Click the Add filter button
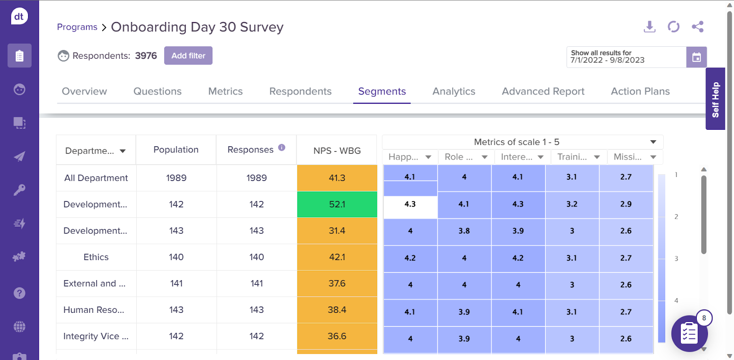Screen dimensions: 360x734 188,55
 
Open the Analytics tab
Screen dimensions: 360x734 454,91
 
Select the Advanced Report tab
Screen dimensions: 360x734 543,91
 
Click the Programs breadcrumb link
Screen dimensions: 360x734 77,27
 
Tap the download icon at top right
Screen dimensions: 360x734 649,27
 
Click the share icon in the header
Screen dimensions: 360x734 697,27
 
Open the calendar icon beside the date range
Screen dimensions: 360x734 696,57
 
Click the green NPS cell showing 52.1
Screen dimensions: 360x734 337,205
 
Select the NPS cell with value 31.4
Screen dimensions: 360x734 337,231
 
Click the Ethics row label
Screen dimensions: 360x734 96,257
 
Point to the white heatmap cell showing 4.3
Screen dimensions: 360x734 410,205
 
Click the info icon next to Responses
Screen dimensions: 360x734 282,148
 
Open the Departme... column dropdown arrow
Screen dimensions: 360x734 122,151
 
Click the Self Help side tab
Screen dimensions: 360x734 715,99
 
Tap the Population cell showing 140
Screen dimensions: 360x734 176,257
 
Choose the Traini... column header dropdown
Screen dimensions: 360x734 596,157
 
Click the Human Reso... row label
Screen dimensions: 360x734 94,310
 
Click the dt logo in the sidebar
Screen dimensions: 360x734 19,17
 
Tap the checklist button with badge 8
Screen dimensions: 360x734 689,333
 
